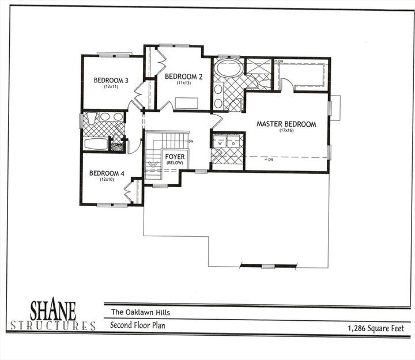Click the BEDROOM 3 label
tap(111, 80)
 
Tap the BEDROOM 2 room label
tap(184, 76)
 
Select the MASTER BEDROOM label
tap(286, 124)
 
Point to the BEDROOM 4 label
tap(107, 173)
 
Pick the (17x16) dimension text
tap(286, 131)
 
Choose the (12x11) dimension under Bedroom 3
tap(111, 86)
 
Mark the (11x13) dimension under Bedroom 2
tap(183, 82)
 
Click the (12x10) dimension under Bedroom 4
tap(107, 179)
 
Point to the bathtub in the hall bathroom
tap(96, 143)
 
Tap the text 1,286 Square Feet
tap(375, 328)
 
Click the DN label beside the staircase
tap(191, 141)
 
